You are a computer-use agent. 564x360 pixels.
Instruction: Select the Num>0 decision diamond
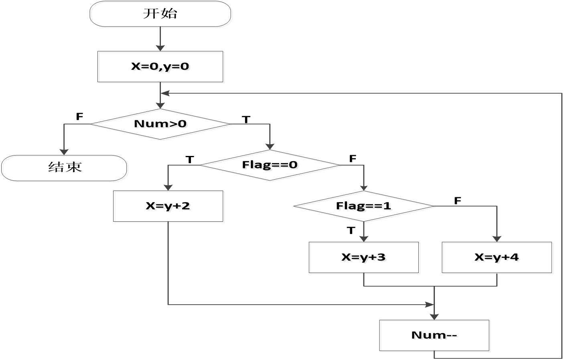coord(162,125)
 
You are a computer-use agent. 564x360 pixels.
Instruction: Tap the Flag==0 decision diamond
coord(271,166)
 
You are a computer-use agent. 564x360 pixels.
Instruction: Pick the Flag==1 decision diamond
coord(365,207)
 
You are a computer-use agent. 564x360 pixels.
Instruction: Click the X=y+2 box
coord(169,207)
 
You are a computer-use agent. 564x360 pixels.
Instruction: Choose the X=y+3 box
coord(365,258)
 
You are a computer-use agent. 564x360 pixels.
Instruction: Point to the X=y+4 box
coord(498,258)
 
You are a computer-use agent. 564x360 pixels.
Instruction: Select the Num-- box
coord(435,336)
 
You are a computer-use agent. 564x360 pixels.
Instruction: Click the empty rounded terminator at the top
coord(161,14)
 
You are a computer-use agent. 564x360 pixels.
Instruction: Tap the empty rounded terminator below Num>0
coord(65,169)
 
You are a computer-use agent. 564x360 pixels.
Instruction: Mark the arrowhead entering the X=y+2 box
coord(168,187)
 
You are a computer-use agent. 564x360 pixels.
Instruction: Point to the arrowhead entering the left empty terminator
coord(64,152)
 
